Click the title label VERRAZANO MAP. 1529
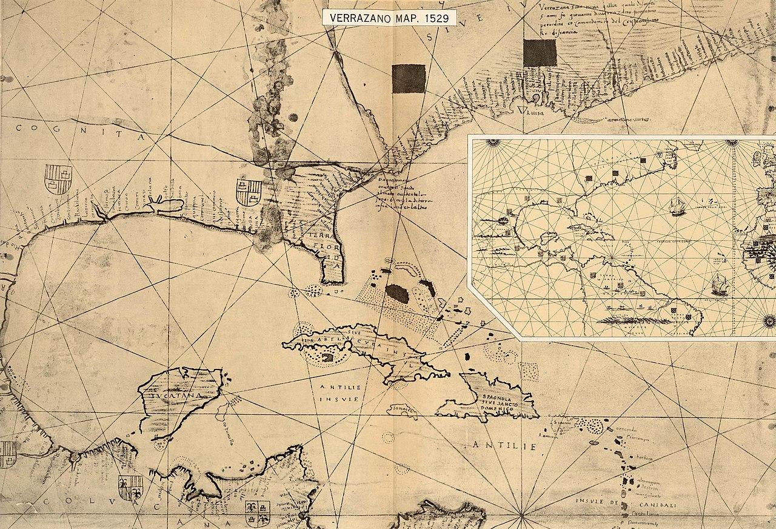coord(390,18)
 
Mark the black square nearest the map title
coord(409,79)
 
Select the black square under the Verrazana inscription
coord(540,53)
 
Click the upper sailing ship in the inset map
coord(677,207)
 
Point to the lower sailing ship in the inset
coord(720,283)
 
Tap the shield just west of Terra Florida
coord(249,192)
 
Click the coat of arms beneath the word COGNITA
coord(58,178)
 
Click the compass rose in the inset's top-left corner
coord(492,143)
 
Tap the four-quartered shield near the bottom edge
coord(257,513)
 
